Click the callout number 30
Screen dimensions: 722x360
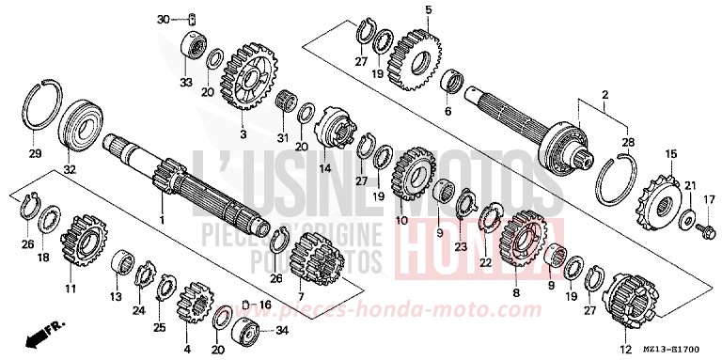[163, 19]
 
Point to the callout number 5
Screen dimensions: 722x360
[428, 10]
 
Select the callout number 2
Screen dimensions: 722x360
[604, 95]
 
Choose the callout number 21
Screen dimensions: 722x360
[689, 185]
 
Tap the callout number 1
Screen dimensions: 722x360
[162, 220]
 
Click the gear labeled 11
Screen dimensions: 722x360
[84, 247]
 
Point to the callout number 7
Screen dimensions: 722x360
[301, 297]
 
